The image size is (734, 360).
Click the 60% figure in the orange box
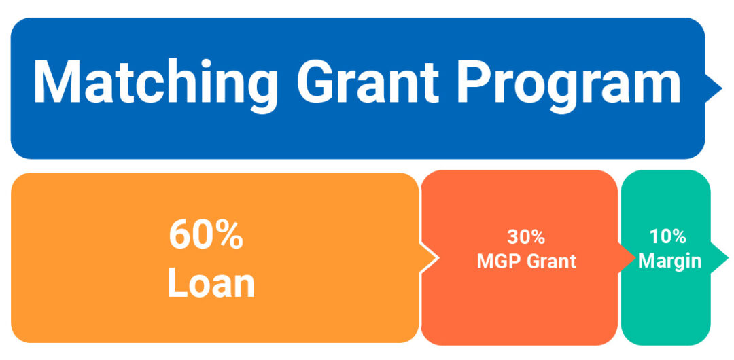[x=205, y=235]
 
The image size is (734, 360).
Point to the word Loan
[x=211, y=283]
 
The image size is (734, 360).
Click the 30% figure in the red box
[x=526, y=238]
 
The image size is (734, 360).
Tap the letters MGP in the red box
[x=498, y=261]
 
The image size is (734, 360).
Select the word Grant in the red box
[x=550, y=261]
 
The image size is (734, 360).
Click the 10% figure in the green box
[x=666, y=238]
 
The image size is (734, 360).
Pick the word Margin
[x=670, y=260]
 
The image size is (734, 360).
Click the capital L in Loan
[x=176, y=283]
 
